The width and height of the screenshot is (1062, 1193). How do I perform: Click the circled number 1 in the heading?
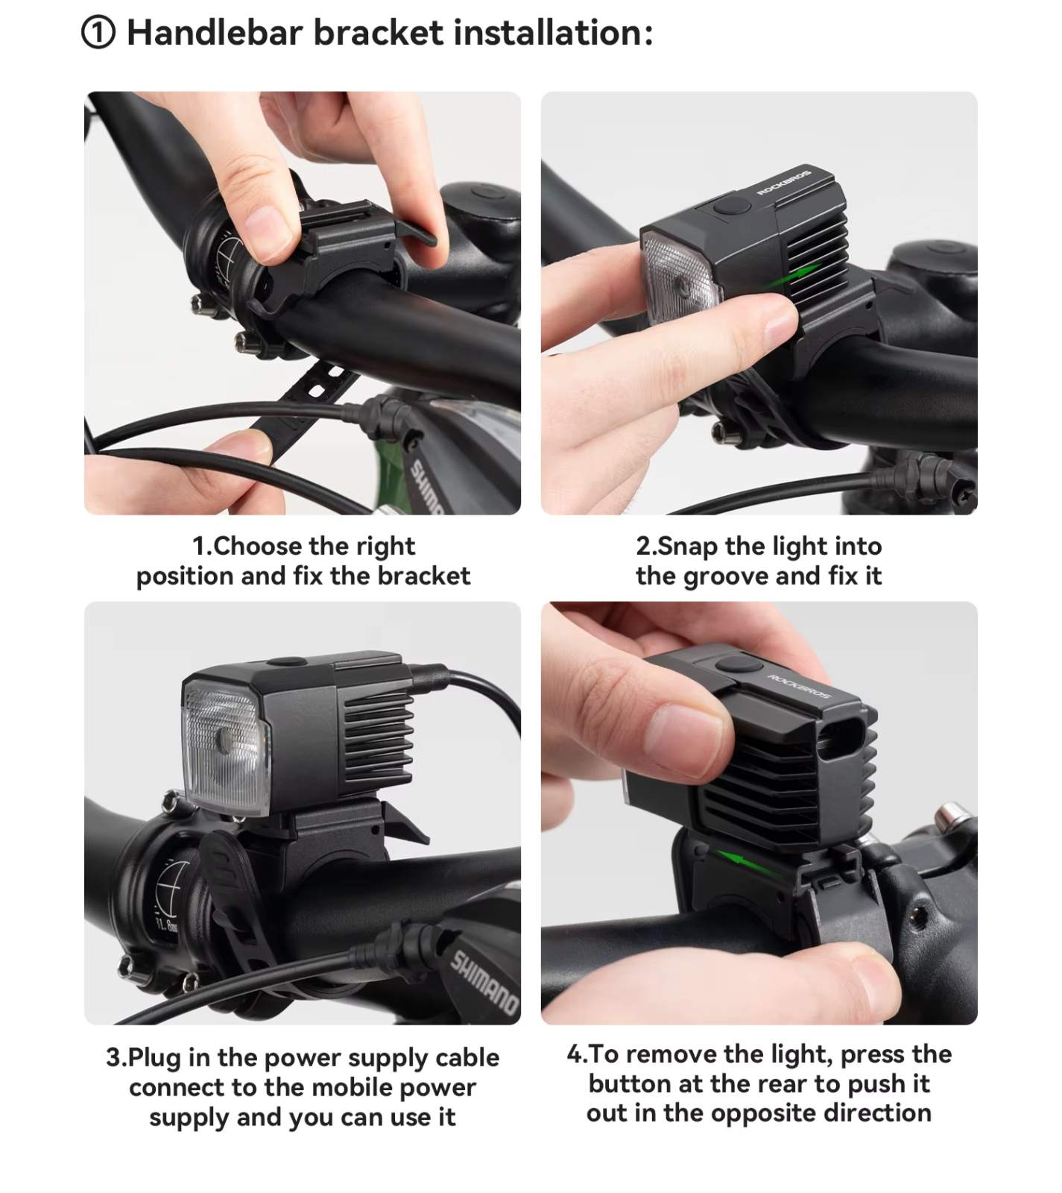tap(98, 34)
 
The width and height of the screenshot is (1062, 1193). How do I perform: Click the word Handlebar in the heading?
tap(214, 33)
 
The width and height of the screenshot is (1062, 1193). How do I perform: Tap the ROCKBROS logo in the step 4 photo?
tap(798, 687)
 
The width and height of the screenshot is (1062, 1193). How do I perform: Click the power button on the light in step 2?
tap(730, 207)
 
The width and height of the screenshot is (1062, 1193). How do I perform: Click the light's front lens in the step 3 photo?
tap(224, 746)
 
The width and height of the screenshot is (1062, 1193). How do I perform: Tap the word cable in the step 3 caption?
tap(467, 1057)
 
